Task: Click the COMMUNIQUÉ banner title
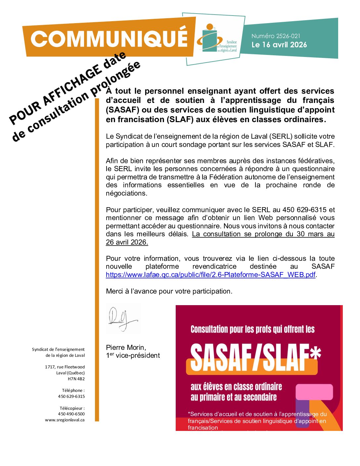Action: (109, 39)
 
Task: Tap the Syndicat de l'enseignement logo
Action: (216, 39)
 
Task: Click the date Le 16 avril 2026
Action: (279, 45)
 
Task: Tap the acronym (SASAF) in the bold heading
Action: (122, 110)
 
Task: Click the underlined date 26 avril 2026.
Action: (127, 242)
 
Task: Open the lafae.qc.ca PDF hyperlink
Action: (210, 275)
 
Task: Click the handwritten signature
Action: (122, 319)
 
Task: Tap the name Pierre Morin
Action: (126, 348)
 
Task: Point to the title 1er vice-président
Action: (133, 355)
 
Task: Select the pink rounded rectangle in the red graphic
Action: (314, 392)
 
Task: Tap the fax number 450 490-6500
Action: (71, 414)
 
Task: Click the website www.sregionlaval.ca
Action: (65, 420)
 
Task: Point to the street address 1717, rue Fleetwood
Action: (65, 367)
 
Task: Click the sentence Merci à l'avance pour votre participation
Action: (169, 291)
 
